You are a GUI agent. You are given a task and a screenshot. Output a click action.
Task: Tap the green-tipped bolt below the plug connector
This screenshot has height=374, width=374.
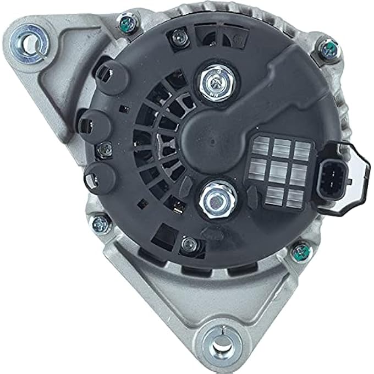pos(300,251)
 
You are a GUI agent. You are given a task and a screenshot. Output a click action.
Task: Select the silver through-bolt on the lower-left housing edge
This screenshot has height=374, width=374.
pos(100,223)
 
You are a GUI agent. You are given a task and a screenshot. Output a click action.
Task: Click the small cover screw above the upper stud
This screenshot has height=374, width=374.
pos(178,37)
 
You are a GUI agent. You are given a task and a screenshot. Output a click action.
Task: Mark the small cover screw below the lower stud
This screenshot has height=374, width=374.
pos(190,243)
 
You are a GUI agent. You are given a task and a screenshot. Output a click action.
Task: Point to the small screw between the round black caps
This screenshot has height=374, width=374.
pos(102,148)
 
